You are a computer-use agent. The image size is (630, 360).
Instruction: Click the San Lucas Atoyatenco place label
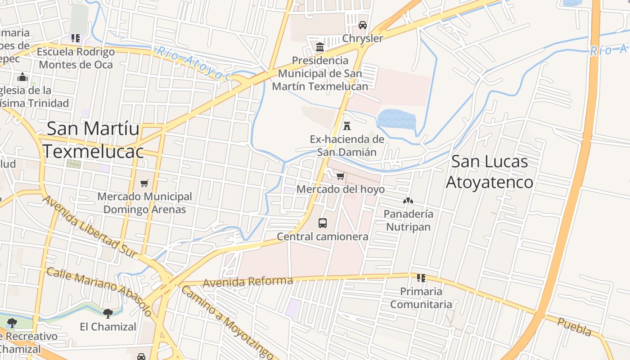pyautogui.click(x=490, y=172)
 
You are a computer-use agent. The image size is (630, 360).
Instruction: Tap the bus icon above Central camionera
pyautogui.click(x=323, y=223)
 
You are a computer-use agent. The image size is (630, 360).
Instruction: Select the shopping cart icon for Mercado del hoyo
pyautogui.click(x=341, y=176)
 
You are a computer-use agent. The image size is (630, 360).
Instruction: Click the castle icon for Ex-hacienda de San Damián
pyautogui.click(x=347, y=126)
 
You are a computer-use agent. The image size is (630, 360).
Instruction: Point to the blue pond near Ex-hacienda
pyautogui.click(x=396, y=119)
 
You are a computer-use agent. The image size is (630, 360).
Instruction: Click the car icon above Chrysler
pyautogui.click(x=363, y=25)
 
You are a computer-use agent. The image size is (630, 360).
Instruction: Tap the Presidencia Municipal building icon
pyautogui.click(x=320, y=47)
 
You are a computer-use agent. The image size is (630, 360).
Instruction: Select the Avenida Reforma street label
pyautogui.click(x=248, y=282)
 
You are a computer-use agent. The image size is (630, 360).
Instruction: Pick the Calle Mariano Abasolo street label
pyautogui.click(x=99, y=292)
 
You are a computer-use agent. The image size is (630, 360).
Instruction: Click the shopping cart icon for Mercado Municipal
pyautogui.click(x=144, y=183)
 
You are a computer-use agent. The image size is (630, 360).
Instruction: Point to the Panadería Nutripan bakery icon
pyautogui.click(x=408, y=201)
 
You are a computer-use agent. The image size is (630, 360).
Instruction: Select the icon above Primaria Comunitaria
pyautogui.click(x=421, y=278)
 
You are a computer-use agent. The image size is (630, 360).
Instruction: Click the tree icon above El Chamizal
pyautogui.click(x=108, y=313)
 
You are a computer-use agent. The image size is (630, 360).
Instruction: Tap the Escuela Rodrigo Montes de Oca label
pyautogui.click(x=76, y=58)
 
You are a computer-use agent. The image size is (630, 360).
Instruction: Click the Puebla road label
pyautogui.click(x=574, y=327)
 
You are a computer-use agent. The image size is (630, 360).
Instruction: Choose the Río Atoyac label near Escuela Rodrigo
pyautogui.click(x=193, y=63)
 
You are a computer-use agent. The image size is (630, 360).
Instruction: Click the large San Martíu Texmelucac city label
pyautogui.click(x=93, y=139)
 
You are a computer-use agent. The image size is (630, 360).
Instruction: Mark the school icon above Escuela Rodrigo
pyautogui.click(x=76, y=38)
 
